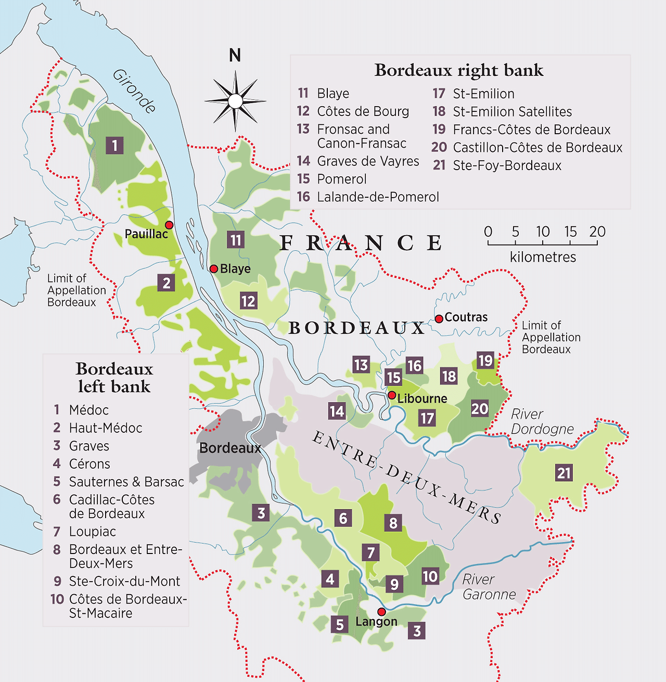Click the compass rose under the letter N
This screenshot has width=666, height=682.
click(235, 101)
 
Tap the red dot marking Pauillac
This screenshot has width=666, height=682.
click(169, 225)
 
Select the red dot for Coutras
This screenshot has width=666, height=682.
click(439, 318)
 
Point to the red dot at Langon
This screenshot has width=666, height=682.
click(381, 612)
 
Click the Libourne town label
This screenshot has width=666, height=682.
click(422, 398)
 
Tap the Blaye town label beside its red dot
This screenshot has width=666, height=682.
click(235, 269)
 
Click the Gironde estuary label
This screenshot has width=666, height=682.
click(134, 91)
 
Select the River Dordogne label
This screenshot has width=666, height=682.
click(542, 421)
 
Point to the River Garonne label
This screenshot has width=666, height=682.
click(489, 587)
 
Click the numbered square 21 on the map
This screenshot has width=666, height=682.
click(564, 473)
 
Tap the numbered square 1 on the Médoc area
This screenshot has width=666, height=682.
click(114, 145)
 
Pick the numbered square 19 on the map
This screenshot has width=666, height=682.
click(485, 361)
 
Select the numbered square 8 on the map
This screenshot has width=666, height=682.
click(393, 523)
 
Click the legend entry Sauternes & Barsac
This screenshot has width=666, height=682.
click(126, 482)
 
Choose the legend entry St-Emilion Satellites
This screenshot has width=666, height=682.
click(512, 112)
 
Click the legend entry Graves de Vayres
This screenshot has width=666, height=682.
click(367, 161)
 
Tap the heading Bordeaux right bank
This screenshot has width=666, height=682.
click(459, 70)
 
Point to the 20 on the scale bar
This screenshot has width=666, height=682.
click(597, 231)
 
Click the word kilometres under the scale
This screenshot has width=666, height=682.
click(543, 257)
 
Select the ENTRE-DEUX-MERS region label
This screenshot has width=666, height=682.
click(406, 477)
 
